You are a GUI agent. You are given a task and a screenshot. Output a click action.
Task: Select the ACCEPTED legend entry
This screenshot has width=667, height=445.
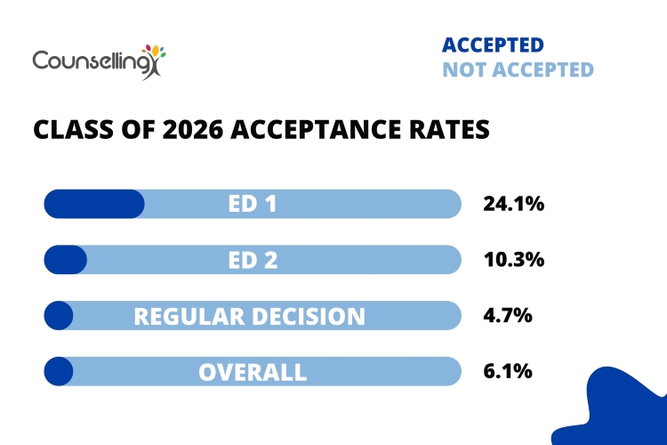coord(493,45)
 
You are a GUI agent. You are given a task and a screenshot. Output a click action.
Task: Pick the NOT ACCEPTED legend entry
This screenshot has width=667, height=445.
coord(518,69)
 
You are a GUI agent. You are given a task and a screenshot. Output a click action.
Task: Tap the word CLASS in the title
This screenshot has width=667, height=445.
coord(68,130)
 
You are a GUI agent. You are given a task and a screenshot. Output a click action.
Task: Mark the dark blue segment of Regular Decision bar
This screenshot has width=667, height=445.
coord(59,315)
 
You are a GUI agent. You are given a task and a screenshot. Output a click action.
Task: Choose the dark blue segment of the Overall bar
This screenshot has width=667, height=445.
coord(59,371)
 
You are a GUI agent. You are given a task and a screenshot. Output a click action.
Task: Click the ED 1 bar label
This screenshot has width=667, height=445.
coord(253,204)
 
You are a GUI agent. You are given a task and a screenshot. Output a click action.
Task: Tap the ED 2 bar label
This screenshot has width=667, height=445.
coord(253,260)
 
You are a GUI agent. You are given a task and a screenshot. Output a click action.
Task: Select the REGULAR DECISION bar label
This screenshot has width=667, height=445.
coord(250,316)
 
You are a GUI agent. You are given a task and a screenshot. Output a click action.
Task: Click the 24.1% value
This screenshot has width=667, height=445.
coord(513,204)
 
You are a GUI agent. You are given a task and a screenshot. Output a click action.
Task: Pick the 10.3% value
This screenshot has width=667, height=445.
coord(513,260)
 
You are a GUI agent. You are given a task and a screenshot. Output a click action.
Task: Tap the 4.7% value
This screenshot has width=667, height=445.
coord(508,315)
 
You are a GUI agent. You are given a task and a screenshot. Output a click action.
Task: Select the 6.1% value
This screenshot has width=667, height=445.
coord(508,371)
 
